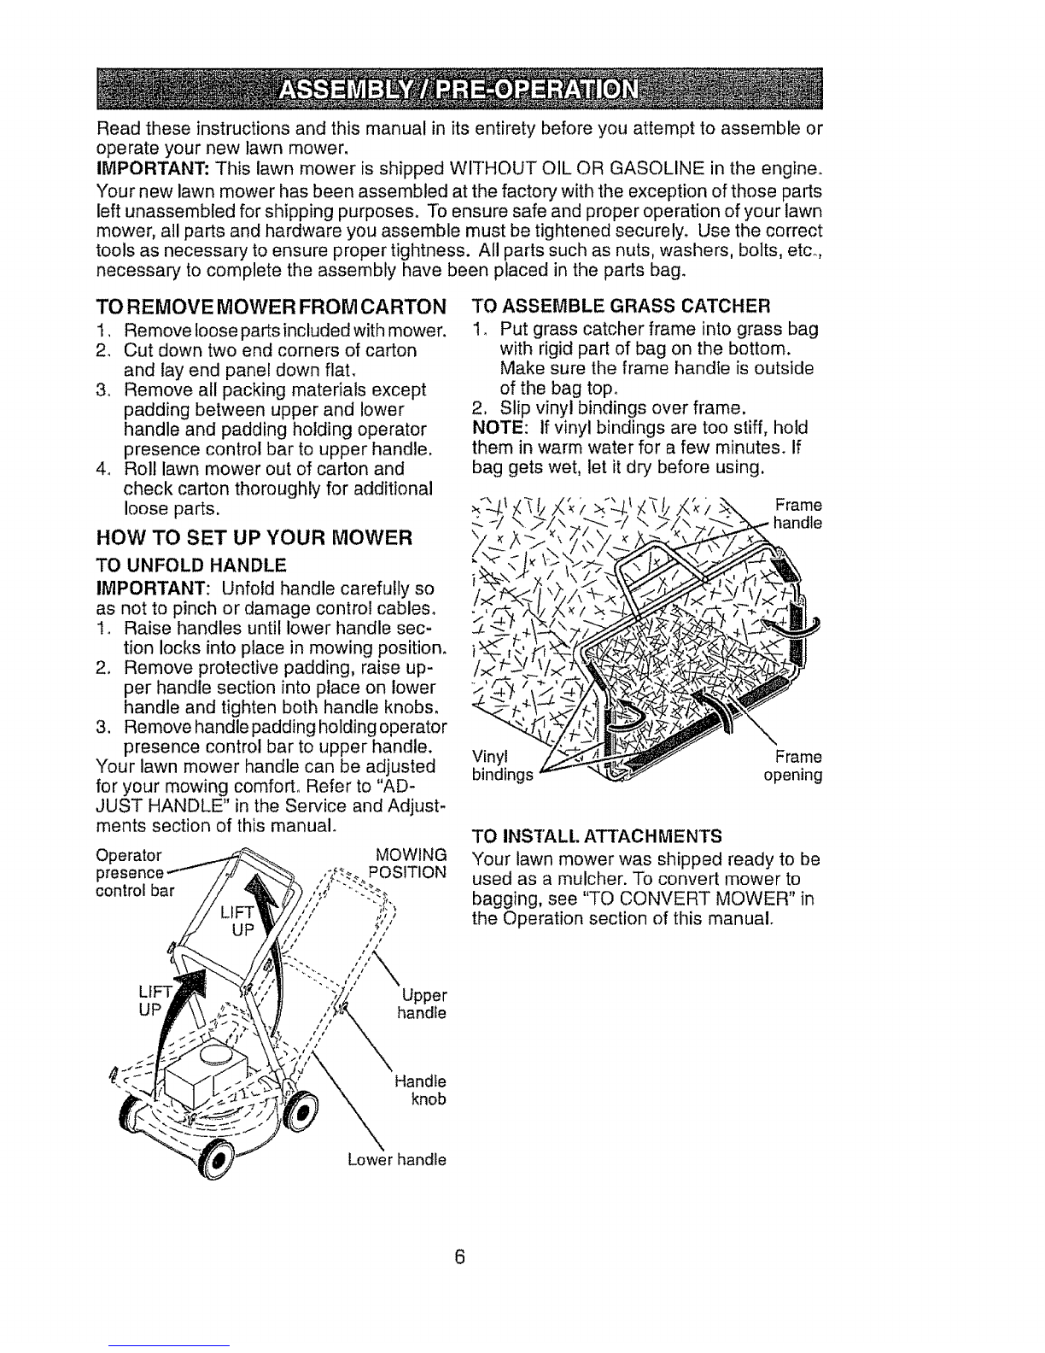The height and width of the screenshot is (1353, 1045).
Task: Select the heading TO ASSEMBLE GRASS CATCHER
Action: point(622,306)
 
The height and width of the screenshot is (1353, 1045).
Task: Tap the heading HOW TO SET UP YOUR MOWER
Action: point(254,536)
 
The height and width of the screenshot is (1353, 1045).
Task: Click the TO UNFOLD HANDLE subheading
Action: point(191,565)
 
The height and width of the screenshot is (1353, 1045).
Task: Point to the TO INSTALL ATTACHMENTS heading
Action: point(597,835)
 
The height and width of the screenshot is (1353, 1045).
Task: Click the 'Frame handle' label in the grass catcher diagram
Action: point(797,513)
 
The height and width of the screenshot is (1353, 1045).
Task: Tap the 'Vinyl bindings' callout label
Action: point(503,765)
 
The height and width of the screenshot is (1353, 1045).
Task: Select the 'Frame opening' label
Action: point(793,766)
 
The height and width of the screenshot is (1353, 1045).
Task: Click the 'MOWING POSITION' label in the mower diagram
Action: point(408,863)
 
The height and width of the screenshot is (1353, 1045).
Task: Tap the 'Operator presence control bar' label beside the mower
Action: point(135,873)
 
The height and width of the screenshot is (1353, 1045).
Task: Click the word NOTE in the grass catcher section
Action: point(499,428)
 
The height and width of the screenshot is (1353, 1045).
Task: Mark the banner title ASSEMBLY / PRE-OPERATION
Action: point(458,90)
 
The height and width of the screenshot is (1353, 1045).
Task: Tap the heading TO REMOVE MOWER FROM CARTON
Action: point(271,307)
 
